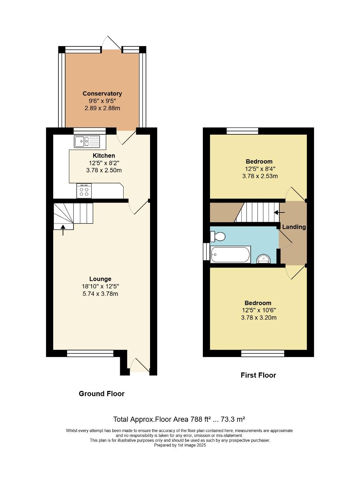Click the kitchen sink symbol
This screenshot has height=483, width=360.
click(x=87, y=142)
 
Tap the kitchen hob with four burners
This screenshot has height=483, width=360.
click(x=84, y=191)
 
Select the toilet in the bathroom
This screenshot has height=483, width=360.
click(x=218, y=237)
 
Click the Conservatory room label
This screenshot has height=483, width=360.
click(x=102, y=94)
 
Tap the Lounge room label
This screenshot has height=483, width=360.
click(x=100, y=279)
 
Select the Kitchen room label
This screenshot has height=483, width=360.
click(x=104, y=155)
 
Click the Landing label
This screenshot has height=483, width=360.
click(x=294, y=227)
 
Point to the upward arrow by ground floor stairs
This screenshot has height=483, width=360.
click(x=63, y=230)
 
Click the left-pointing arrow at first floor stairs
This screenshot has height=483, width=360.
click(x=279, y=212)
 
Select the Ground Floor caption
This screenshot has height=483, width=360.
click(x=101, y=394)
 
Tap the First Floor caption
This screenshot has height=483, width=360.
click(x=258, y=375)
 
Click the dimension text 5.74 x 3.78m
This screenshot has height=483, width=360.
click(x=100, y=294)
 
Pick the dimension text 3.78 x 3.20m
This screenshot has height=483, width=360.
click(x=259, y=318)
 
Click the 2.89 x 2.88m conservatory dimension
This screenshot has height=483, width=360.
click(x=102, y=108)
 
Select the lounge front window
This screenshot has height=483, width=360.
click(x=90, y=353)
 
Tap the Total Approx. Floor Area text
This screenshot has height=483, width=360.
click(x=179, y=419)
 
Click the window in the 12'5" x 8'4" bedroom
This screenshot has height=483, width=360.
click(x=242, y=131)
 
